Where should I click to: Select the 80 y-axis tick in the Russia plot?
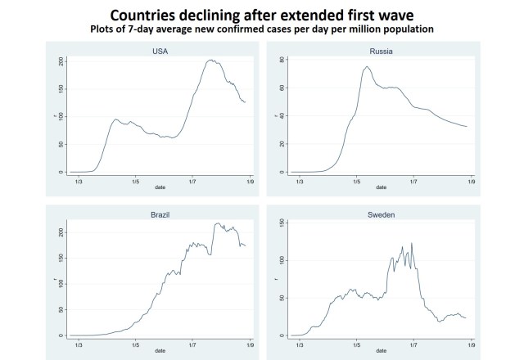click(x=282, y=61)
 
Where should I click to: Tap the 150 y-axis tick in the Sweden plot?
click(x=282, y=223)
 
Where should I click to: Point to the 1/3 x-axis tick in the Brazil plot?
click(x=78, y=344)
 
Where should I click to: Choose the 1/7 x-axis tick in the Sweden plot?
click(x=413, y=344)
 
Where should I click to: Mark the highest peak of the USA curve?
click(x=210, y=60)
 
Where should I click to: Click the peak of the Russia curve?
click(x=368, y=66)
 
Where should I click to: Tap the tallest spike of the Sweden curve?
click(x=412, y=242)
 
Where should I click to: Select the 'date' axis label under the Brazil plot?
click(x=160, y=350)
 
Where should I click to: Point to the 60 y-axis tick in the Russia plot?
click(x=282, y=88)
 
